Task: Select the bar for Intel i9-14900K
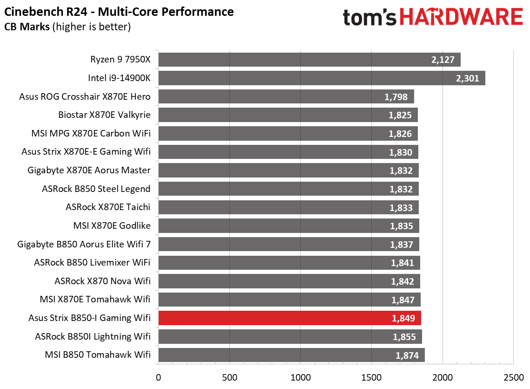[x=322, y=78]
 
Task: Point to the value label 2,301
[x=468, y=78]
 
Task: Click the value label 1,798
[x=396, y=97]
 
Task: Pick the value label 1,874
[x=407, y=355]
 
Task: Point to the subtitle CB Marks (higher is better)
[x=67, y=27]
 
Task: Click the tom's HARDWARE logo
[x=433, y=18]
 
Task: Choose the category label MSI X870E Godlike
[x=112, y=225]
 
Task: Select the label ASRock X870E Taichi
[x=108, y=207]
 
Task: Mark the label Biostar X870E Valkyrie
[x=104, y=115]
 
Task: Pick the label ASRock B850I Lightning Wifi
[x=93, y=336]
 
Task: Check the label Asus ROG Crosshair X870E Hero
[x=85, y=96]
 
